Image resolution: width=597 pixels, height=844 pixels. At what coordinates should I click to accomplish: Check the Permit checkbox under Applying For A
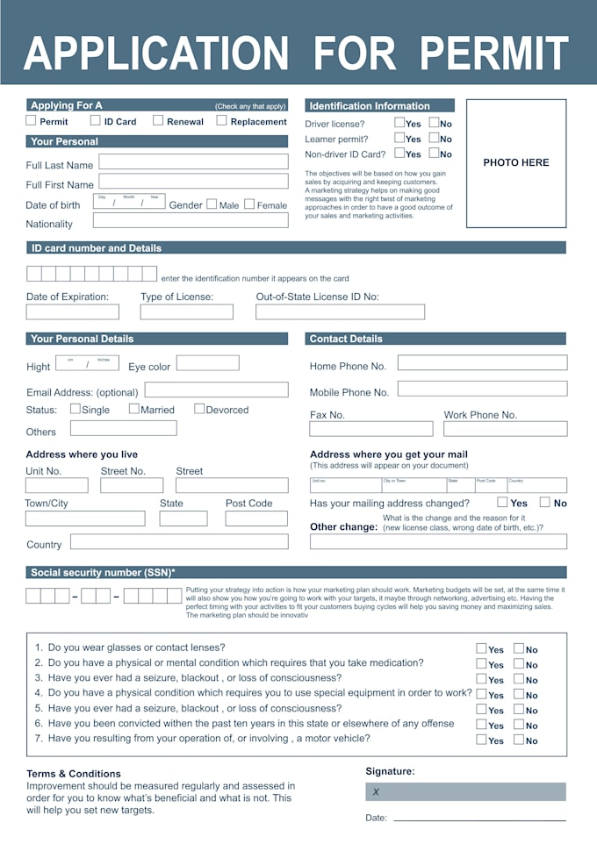click(32, 121)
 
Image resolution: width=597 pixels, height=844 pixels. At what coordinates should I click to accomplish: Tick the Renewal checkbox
click(158, 121)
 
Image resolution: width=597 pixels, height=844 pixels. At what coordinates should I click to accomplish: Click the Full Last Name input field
click(193, 162)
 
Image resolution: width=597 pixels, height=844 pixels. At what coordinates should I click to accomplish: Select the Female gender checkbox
click(249, 204)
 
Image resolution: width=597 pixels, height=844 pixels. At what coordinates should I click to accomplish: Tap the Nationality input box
click(193, 221)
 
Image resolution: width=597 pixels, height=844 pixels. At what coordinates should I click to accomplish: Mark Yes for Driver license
click(399, 124)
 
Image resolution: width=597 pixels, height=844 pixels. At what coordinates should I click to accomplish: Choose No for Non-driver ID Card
click(434, 154)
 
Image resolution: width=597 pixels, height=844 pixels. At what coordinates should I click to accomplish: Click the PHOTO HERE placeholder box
click(516, 163)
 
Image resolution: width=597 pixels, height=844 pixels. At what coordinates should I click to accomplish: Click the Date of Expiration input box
click(72, 312)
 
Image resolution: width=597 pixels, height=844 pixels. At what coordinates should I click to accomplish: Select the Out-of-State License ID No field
click(340, 312)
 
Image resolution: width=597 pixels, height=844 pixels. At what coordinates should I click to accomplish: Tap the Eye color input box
click(207, 363)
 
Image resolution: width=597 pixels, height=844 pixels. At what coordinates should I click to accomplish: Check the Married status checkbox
click(134, 409)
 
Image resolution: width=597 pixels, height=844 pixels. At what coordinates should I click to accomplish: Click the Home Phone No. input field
click(482, 363)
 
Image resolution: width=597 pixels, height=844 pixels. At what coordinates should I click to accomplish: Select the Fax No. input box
click(370, 429)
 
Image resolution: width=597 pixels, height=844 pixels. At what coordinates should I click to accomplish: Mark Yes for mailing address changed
click(502, 503)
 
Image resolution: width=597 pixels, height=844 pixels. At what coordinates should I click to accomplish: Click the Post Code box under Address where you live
click(256, 519)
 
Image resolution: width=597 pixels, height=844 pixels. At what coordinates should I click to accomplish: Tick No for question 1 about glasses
click(519, 649)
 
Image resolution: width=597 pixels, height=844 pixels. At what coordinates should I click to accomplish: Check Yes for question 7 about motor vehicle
click(481, 740)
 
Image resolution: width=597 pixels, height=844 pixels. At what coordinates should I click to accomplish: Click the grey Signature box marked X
click(465, 791)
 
